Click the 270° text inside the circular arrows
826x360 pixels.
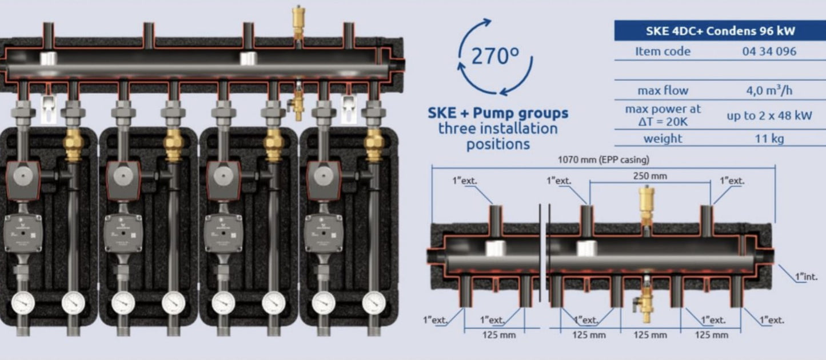pos(495,56)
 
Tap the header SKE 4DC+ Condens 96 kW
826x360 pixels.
pos(720,31)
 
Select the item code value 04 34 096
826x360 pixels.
pos(769,51)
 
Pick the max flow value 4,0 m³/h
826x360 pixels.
pos(769,90)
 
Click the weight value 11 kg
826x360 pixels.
pos(769,138)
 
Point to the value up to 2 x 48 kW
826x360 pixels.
pos(769,115)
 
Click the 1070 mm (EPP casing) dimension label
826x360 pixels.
pos(603,160)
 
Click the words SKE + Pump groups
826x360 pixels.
pos(498,113)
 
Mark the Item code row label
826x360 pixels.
pos(663,51)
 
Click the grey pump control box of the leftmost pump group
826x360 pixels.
pos(23,233)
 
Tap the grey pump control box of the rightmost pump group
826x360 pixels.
pos(324,233)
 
